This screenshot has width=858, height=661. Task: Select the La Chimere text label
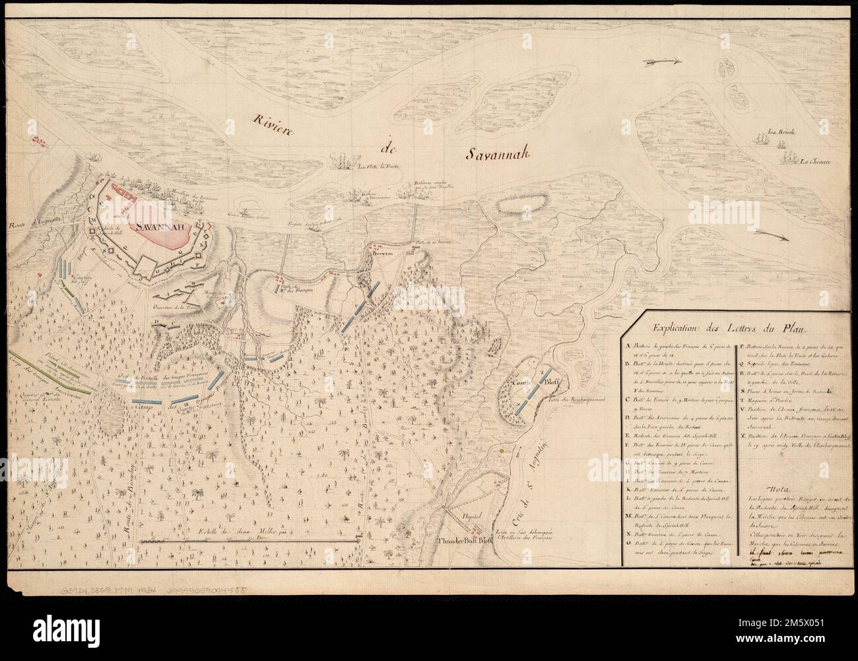(x=817, y=160)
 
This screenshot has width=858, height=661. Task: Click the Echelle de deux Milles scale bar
(x=251, y=541)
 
